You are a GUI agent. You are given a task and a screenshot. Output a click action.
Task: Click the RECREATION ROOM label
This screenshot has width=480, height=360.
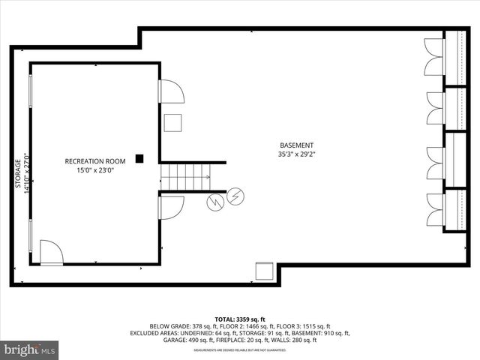94,161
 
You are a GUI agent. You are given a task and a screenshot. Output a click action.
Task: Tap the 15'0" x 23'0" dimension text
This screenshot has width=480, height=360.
94,171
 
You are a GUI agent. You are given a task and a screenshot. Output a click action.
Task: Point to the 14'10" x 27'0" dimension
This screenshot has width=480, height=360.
27,173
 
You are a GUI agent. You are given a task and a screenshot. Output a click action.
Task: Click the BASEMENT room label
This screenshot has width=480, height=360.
296,145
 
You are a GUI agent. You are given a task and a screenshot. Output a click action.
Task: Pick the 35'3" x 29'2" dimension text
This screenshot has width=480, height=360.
296,155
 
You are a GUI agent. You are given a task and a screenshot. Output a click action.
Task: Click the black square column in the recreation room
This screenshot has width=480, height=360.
139,158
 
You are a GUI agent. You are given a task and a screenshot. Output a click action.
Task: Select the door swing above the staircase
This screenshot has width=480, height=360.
172,91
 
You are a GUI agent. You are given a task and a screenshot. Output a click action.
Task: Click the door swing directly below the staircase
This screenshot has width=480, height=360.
171,206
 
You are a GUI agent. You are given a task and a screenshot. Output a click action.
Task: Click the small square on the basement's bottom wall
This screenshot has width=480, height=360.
264,271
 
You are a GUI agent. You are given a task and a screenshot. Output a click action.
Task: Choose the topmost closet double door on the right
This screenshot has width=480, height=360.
436,57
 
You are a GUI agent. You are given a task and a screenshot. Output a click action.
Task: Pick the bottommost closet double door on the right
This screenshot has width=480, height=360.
436,208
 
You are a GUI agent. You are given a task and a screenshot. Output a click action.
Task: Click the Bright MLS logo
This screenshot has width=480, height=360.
30,349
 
